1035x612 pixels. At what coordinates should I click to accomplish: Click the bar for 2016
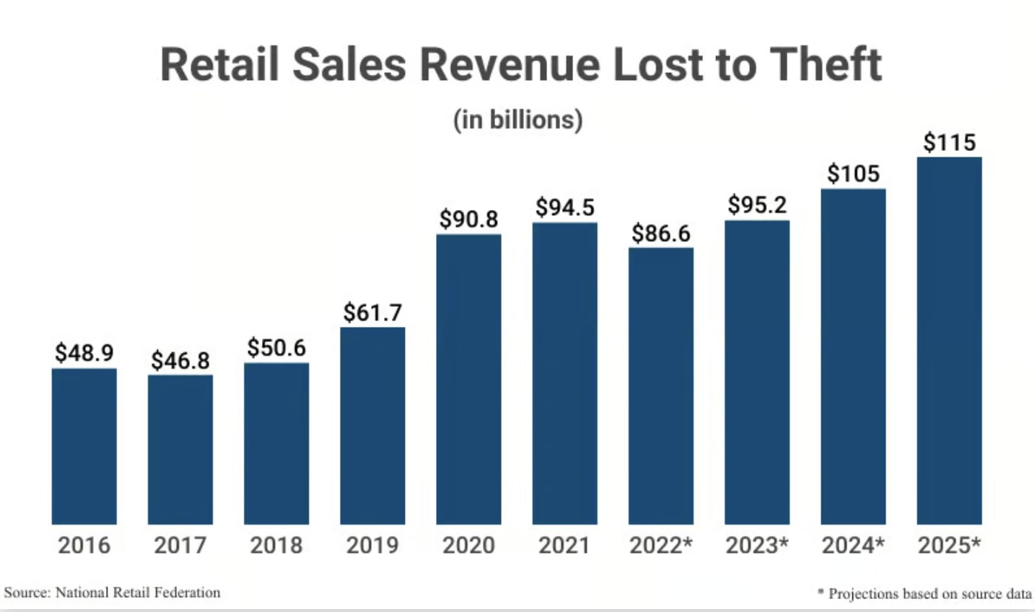pos(84,446)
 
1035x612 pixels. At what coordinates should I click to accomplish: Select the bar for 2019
pos(372,426)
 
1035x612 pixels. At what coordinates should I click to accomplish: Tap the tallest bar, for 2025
pos(949,340)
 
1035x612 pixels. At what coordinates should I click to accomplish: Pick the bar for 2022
pos(660,385)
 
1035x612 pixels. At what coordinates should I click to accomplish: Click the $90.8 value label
pos(468,219)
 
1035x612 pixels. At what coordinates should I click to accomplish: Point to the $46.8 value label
pos(180,360)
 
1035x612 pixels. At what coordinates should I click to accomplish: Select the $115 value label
pos(949,142)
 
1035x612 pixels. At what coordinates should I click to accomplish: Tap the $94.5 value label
pos(564,207)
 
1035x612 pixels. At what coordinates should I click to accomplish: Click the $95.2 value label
pos(756,205)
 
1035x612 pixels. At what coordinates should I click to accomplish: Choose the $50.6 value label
pos(276,348)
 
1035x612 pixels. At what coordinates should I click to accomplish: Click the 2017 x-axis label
pos(180,545)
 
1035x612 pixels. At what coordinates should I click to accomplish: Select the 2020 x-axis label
pos(468,545)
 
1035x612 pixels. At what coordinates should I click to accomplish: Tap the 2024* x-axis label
pos(853,545)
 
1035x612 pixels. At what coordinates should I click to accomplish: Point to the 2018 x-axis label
pos(276,545)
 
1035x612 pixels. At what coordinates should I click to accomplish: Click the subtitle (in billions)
pos(517,119)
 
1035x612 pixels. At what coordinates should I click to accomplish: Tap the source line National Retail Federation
pos(138,593)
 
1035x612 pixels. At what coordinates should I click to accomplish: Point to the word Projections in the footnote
pos(863,593)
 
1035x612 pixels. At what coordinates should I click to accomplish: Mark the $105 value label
pos(853,173)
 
